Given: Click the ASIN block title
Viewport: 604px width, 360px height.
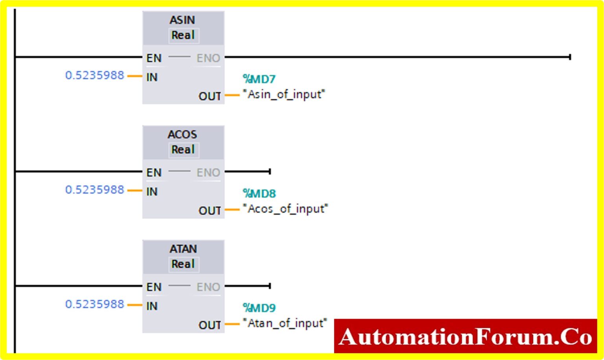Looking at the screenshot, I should pos(182,20).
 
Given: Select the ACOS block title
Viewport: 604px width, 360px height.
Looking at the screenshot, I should pos(182,135).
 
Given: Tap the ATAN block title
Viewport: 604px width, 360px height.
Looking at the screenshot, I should pos(183,249).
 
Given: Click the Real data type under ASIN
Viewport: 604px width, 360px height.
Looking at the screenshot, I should pos(183,35).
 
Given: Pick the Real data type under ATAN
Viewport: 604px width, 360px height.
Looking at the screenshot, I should pos(183,264).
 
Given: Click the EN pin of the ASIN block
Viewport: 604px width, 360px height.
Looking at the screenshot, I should pos(154,58).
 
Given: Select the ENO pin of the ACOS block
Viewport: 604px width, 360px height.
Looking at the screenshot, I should pos(208,173).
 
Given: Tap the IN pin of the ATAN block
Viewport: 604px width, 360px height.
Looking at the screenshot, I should pos(152,306).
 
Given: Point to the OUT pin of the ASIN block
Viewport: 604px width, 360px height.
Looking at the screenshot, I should pos(210,96).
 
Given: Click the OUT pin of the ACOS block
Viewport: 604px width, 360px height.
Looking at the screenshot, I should pos(210,211).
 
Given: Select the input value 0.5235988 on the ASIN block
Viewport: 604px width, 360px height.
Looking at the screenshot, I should pos(95,75).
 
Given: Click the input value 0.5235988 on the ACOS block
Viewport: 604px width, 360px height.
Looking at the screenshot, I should pos(95,190).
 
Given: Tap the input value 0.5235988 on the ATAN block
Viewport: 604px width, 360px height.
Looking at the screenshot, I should pos(95,304).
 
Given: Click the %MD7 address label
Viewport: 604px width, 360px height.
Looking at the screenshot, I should pos(259,79).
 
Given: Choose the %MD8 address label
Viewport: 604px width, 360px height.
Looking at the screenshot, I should pos(260,194).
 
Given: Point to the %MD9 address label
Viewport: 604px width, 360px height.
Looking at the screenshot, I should pos(260,308).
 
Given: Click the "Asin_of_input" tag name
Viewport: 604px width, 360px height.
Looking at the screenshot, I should pos(284,94).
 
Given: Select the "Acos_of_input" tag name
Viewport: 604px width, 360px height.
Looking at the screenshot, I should pos(285,209).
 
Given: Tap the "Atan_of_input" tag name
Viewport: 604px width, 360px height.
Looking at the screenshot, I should pos(285,323).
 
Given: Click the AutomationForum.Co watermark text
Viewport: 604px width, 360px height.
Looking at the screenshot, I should pos(465,337).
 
